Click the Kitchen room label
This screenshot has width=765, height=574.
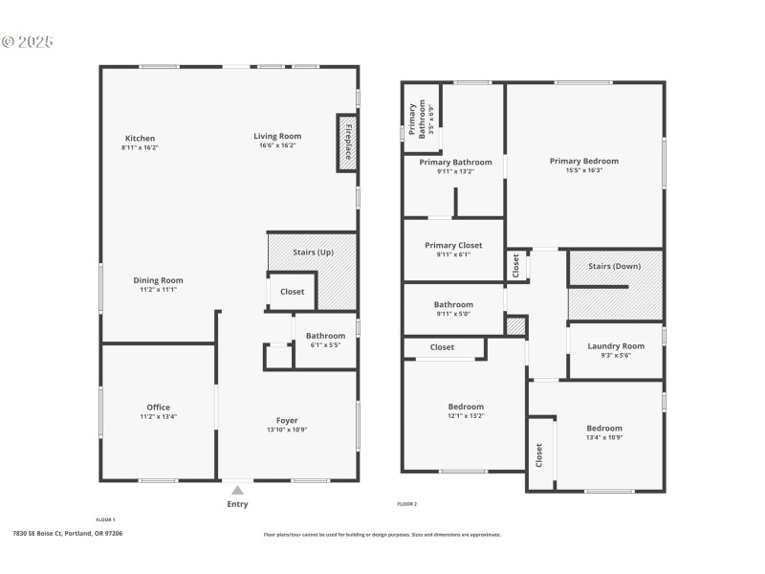pos(139,139)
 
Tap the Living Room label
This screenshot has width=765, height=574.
pos(277,136)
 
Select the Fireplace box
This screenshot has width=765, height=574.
pos(348,143)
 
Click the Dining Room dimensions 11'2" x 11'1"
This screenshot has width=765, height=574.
pos(159,289)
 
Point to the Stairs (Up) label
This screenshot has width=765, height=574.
pos(313,252)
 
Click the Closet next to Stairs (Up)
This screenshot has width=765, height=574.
pos(293,292)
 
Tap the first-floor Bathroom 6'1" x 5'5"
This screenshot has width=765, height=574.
pos(325,340)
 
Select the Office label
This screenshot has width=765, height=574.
pos(158,408)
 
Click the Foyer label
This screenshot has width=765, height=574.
pos(287,421)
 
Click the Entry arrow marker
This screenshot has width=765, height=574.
pos(237,491)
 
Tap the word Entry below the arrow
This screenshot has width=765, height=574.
pos(237,504)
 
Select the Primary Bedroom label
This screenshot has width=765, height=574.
pos(583,161)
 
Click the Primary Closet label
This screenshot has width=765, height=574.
pos(453,246)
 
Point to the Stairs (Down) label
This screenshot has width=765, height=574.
pos(614,266)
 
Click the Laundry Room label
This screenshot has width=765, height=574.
pos(616,346)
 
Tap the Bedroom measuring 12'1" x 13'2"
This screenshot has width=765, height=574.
pos(466,411)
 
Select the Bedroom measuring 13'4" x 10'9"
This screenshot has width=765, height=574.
pos(604,432)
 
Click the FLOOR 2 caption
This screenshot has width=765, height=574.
pos(407,504)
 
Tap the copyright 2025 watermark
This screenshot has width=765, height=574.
pos(28,42)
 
